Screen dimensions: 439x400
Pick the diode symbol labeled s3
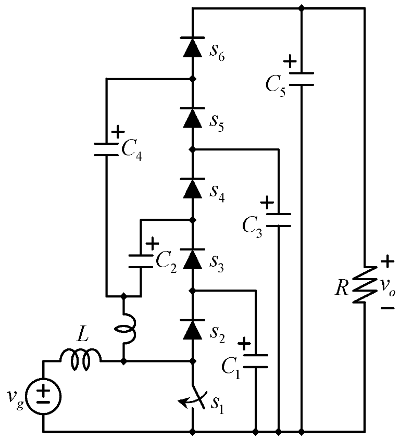pos(193,257)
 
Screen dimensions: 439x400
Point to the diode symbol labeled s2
pos(193,328)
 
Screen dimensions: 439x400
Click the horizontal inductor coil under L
pos(81,360)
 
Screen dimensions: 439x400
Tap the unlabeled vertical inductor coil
pos(124,328)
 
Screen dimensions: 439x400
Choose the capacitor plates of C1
pos(256,361)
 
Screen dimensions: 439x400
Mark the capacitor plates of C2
pos(141,261)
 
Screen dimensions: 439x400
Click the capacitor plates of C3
pos(279,219)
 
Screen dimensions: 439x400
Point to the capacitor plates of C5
pos(302,79)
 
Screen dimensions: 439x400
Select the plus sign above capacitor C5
pos(290,61)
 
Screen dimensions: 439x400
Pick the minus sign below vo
pos(387,308)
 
